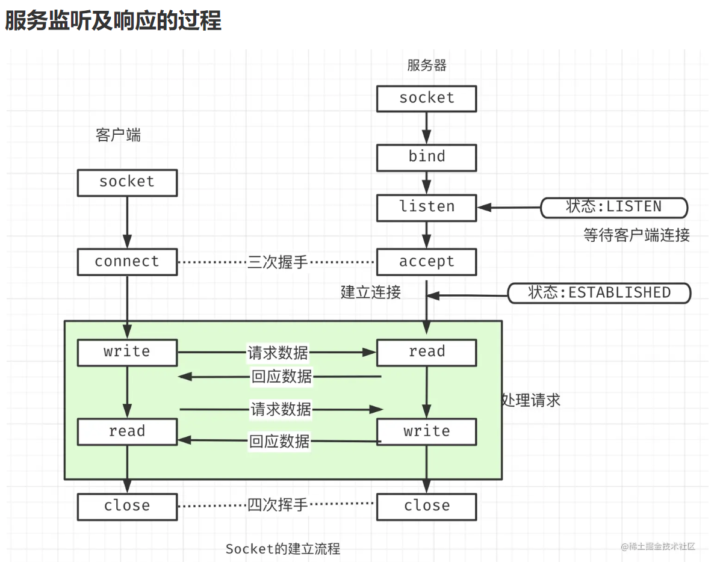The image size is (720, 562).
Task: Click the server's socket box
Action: tap(426, 98)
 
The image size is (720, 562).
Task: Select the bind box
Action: tap(426, 157)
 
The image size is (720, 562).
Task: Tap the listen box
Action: tap(426, 207)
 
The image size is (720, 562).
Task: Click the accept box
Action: tap(426, 262)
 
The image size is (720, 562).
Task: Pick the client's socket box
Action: tap(127, 182)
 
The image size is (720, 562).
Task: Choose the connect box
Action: tap(127, 262)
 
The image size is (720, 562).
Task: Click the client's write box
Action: tap(127, 352)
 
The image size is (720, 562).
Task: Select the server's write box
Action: tap(426, 431)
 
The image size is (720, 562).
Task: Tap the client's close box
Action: tap(127, 506)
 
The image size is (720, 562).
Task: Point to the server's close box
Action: tap(426, 506)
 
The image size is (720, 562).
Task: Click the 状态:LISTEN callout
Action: tap(613, 207)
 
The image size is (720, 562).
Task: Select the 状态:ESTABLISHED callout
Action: tap(599, 293)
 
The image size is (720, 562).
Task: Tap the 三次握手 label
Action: tap(278, 262)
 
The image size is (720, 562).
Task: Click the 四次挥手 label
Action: tap(278, 505)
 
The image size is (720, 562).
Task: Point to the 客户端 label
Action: tap(118, 135)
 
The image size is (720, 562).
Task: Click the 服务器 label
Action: tap(427, 65)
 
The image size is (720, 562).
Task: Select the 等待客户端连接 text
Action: tap(636, 235)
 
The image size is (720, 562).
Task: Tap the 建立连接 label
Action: tap(371, 292)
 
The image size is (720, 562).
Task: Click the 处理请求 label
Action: tap(532, 400)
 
